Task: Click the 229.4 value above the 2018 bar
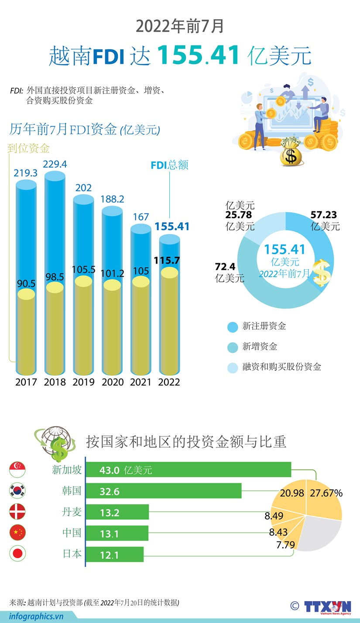point(55,164)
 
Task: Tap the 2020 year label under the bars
point(113,382)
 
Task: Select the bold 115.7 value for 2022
point(167,261)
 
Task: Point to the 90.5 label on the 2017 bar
point(26,284)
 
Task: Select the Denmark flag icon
point(17,511)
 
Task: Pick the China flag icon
point(17,533)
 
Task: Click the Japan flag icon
point(17,554)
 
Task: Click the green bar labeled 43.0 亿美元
point(188,470)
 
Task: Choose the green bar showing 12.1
point(114,554)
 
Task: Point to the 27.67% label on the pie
point(326,493)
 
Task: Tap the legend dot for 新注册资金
point(233,327)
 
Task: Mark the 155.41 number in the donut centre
point(285,249)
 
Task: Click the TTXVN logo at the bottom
point(327,606)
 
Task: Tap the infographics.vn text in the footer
point(32,616)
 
